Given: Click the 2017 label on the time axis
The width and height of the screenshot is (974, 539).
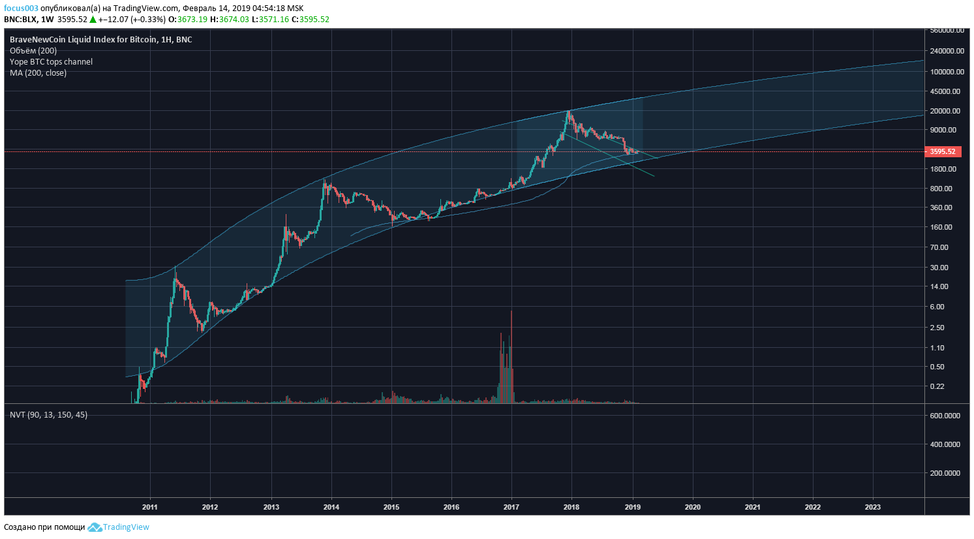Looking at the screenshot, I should click(x=511, y=507).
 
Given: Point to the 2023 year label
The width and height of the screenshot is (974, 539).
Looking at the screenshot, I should click(x=872, y=507).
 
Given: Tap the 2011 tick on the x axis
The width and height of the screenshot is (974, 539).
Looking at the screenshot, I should click(x=150, y=507).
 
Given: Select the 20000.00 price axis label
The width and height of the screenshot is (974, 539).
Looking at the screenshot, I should click(x=945, y=111).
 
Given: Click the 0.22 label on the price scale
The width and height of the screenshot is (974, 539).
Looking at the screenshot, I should click(x=937, y=386).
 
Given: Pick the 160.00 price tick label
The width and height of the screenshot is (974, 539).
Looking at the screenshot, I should click(x=941, y=227).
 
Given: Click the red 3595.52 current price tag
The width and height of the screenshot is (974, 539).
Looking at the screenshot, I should click(x=942, y=151).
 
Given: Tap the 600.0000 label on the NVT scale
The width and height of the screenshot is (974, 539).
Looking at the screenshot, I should click(x=945, y=416).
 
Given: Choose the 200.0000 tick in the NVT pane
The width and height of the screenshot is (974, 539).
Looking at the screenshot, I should click(x=945, y=473).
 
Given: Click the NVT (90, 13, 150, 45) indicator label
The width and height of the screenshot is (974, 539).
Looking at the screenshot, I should click(x=48, y=415).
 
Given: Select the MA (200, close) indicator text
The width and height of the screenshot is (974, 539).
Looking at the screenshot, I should click(x=38, y=73).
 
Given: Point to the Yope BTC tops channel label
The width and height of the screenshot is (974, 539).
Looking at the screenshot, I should click(x=51, y=62).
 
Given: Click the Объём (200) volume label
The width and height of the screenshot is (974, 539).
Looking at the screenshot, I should click(x=33, y=51).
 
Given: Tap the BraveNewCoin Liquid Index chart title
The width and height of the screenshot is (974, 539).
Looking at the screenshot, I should click(x=100, y=40).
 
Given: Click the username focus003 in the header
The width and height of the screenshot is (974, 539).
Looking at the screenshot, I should click(x=21, y=8).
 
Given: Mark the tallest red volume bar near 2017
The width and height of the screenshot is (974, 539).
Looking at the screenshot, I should click(x=511, y=352).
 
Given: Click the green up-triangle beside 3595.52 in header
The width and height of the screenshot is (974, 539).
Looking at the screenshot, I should click(x=93, y=20).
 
